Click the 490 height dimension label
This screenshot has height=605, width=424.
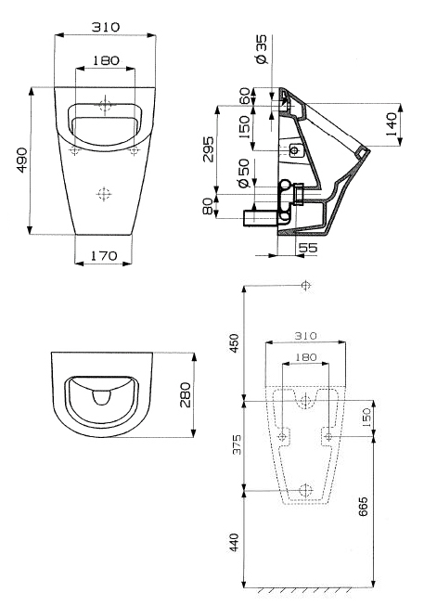(x=21, y=160)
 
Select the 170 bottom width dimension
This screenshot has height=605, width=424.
(x=104, y=255)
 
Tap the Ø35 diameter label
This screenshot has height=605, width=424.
(x=261, y=49)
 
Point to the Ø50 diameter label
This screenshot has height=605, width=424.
(x=244, y=173)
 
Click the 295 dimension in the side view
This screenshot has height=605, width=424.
(x=208, y=149)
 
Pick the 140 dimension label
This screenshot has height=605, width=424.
(x=391, y=124)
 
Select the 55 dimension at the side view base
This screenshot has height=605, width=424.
(x=308, y=248)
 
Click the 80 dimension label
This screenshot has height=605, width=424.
(x=208, y=206)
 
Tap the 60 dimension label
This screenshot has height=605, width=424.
(x=245, y=97)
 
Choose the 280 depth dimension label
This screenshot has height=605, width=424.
(x=186, y=394)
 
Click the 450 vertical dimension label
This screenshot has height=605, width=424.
(x=234, y=343)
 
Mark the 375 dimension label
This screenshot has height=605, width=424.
(x=236, y=444)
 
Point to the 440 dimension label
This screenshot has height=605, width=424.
(x=234, y=542)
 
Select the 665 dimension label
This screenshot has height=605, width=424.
(x=363, y=507)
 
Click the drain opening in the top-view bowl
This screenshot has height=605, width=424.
(x=102, y=397)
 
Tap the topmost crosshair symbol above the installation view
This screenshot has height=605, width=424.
(x=305, y=286)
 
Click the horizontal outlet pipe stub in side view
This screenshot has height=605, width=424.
(x=259, y=218)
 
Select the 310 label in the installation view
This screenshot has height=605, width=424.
(x=305, y=336)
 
